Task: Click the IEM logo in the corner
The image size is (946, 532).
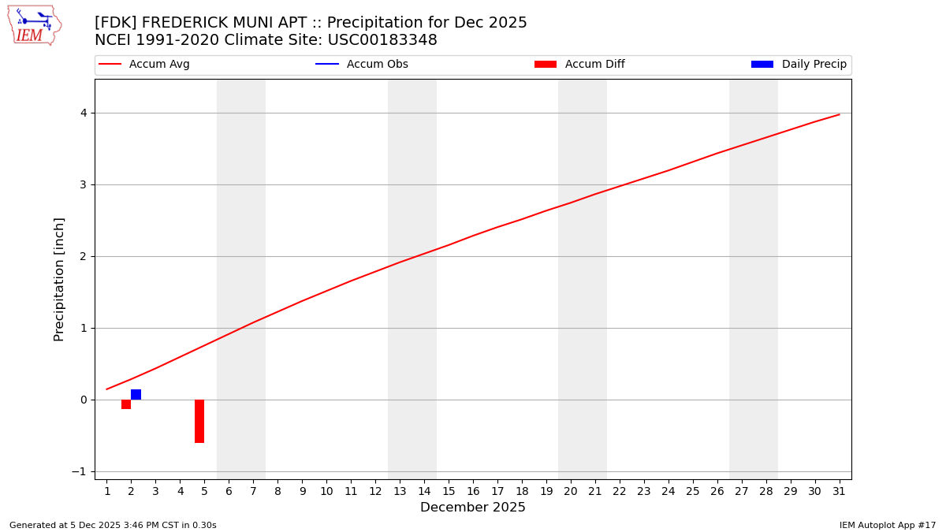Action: tap(34, 25)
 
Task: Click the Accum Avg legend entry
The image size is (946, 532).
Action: tap(144, 65)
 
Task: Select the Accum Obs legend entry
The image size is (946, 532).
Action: tap(362, 65)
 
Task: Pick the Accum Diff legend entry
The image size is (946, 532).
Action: tap(579, 65)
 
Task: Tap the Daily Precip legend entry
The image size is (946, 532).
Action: tap(799, 65)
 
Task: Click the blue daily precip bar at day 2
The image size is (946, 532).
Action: tap(136, 394)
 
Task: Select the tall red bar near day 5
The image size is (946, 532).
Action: tap(199, 421)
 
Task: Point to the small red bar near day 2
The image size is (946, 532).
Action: tap(126, 404)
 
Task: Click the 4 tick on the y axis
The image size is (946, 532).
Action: tap(83, 113)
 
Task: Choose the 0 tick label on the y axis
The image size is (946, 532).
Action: tap(83, 400)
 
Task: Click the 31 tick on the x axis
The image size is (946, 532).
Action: tap(839, 492)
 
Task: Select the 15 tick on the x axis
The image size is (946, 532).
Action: tap(449, 492)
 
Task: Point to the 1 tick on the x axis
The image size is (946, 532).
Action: tap(107, 492)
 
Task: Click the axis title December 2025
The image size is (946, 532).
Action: tap(473, 508)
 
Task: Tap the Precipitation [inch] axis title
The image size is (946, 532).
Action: tap(59, 279)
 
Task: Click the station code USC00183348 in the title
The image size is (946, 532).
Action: tap(382, 40)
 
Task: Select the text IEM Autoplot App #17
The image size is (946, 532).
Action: tap(888, 525)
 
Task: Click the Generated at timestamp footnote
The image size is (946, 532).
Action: tap(113, 525)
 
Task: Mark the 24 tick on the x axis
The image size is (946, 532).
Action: tap(669, 492)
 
